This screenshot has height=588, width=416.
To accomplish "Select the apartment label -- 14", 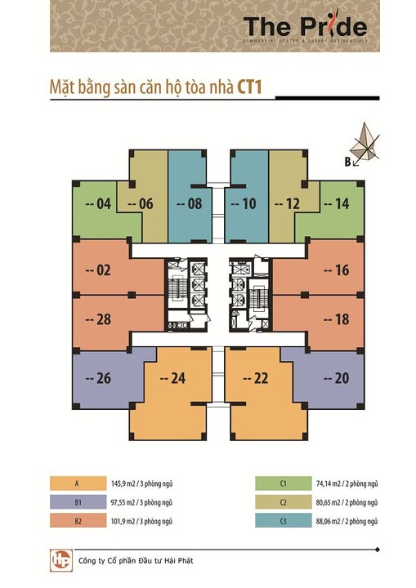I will (x=335, y=204).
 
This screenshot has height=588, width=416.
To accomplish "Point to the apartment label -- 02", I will (x=97, y=271).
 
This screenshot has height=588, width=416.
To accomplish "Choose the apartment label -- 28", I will (x=97, y=319).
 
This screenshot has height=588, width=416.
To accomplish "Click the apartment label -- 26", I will (x=97, y=377).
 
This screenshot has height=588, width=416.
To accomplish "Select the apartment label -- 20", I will (x=335, y=377).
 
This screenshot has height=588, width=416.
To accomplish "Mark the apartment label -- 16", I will (x=335, y=271).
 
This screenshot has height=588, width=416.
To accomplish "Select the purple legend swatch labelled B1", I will (x=78, y=501).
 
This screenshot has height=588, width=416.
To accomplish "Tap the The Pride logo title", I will (x=306, y=24).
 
